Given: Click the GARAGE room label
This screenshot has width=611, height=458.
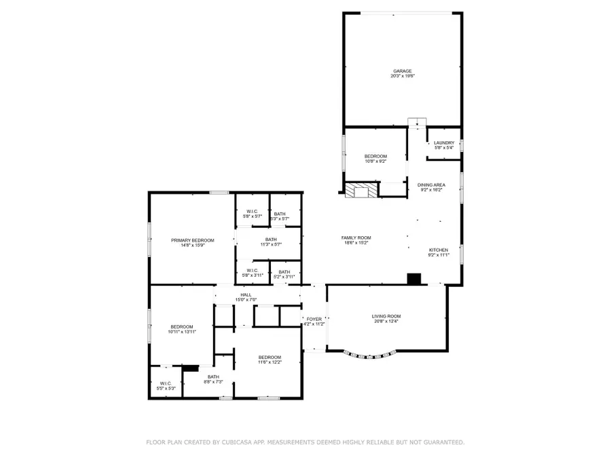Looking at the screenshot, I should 402,71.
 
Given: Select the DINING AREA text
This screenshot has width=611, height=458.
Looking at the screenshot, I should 431,185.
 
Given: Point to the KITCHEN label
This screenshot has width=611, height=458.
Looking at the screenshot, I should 438,250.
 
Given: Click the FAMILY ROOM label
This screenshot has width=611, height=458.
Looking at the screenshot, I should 356,237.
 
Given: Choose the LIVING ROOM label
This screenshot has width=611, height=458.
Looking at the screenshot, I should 386,316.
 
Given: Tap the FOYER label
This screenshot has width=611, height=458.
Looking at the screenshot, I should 314,319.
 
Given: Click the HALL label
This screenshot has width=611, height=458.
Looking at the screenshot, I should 246,295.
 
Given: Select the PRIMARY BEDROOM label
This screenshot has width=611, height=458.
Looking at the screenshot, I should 192,240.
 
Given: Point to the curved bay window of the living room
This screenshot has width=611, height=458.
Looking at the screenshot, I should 371,354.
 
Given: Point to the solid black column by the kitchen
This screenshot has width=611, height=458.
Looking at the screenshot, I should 414,278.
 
